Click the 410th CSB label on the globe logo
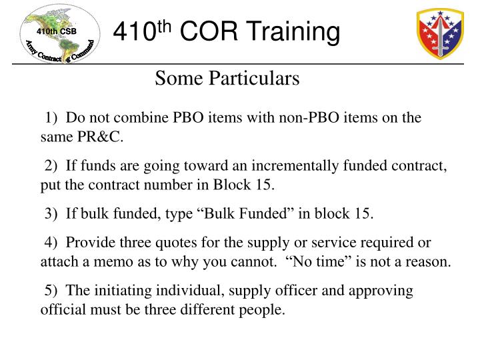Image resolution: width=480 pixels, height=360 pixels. (56, 31)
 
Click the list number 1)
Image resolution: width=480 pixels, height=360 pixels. (52, 118)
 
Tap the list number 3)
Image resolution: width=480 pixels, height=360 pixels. (52, 213)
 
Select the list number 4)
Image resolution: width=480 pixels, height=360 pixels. (52, 242)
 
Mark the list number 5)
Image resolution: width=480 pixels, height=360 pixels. (52, 291)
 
